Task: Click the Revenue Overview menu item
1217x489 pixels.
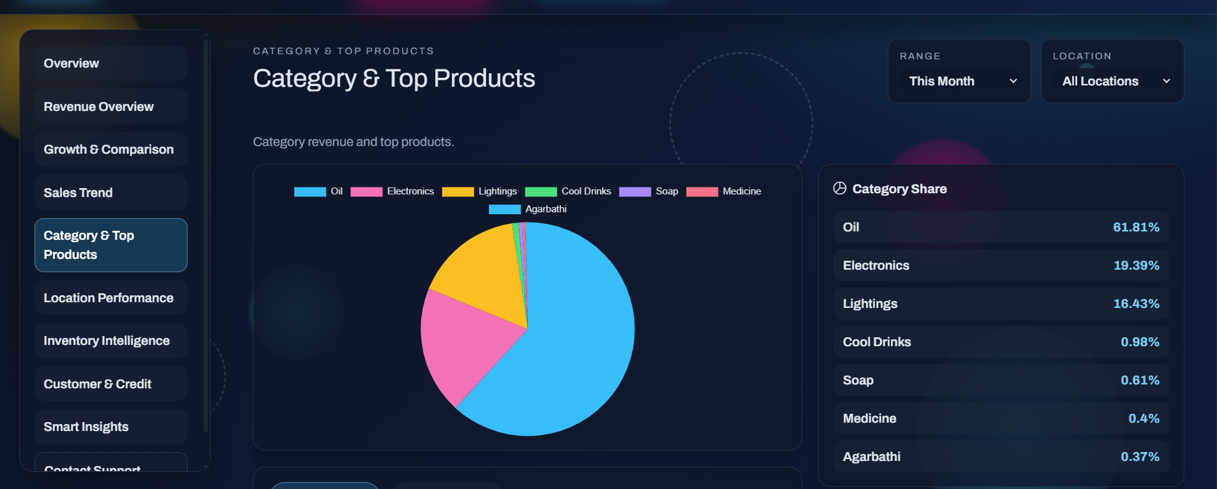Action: coord(99,106)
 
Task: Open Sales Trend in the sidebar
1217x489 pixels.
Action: coord(78,193)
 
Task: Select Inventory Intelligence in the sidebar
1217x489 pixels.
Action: coord(107,340)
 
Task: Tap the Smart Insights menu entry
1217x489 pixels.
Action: coord(86,427)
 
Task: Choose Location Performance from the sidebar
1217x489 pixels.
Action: coord(108,298)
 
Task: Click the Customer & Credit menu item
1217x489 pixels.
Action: coord(98,384)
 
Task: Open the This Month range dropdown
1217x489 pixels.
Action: coord(959,81)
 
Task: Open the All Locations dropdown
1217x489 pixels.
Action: coord(1112,81)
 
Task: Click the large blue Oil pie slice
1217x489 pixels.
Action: coord(574,344)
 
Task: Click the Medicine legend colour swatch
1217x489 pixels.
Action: coord(701,191)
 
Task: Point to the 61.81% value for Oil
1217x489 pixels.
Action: coord(1136,227)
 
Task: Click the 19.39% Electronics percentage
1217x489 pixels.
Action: coord(1136,265)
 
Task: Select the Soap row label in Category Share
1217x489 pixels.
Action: coord(858,380)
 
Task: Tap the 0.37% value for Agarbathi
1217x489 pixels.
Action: coord(1140,456)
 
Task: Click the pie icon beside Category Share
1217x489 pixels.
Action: coord(840,188)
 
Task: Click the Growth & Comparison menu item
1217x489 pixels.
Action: coord(108,149)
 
